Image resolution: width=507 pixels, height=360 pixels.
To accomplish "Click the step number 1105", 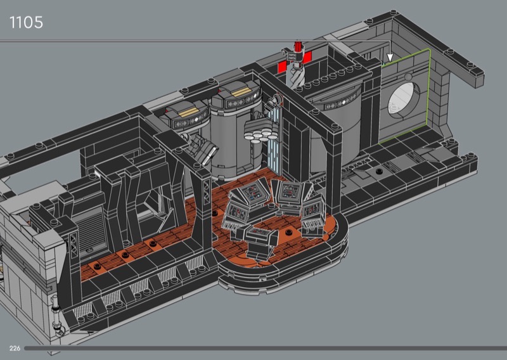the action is (26, 23).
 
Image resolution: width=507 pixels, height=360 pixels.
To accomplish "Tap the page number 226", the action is (15, 348).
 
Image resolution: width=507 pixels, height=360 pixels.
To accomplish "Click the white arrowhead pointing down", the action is (390, 58).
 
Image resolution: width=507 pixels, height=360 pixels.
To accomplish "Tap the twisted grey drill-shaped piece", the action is (295, 75).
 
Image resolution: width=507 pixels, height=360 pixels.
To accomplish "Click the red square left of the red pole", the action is (283, 68).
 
